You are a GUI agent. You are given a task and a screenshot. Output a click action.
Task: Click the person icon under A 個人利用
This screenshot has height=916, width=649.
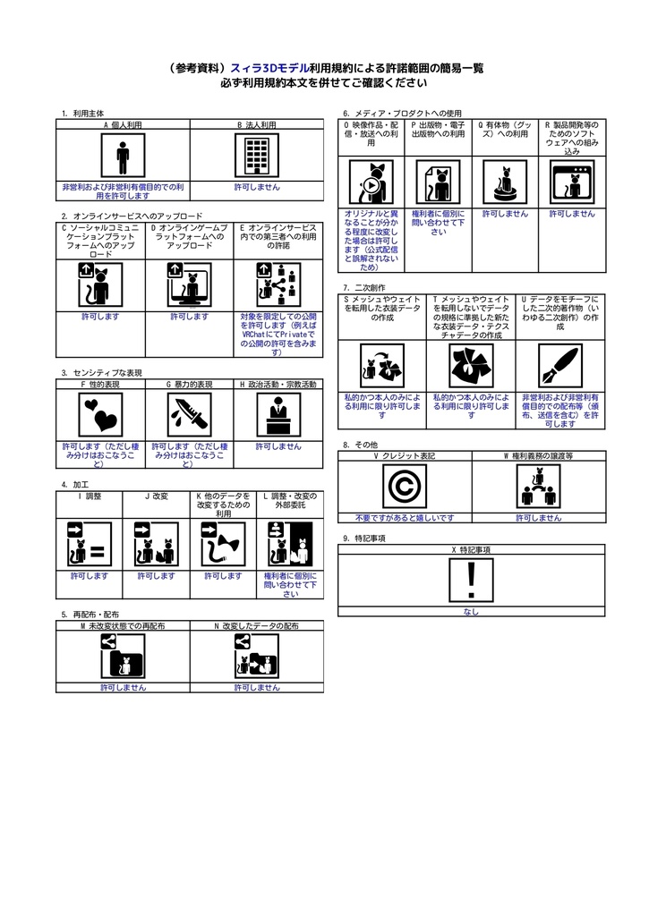click(123, 157)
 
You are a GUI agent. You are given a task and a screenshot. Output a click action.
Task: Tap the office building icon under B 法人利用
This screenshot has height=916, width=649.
click(257, 157)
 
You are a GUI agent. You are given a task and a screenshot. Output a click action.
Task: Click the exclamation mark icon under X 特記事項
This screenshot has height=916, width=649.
click(471, 581)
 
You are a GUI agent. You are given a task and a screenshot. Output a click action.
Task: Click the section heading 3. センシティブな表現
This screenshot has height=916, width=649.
click(102, 372)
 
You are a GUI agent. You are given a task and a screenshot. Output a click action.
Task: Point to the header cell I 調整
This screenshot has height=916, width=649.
click(90, 495)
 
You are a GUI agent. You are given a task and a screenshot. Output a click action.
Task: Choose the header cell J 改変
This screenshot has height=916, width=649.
click(157, 495)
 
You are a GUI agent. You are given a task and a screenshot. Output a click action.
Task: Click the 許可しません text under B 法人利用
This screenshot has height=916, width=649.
click(257, 188)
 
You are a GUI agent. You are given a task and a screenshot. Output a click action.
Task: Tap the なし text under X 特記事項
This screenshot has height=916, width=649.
click(471, 612)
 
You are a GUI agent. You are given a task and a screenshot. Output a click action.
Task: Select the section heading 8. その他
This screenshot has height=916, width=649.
click(361, 445)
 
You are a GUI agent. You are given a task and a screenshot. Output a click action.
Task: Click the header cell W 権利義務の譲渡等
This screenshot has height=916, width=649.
click(538, 455)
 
